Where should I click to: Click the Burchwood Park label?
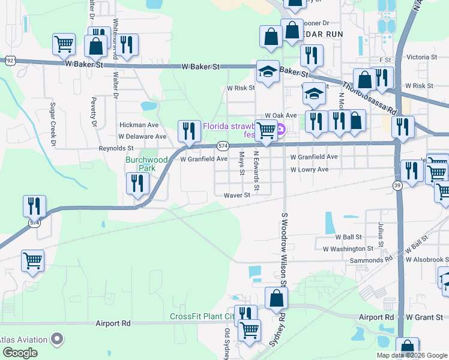point(140,164)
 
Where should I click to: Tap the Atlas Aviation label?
point(24,340)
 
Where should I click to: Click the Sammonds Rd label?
point(375,260)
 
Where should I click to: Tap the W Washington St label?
point(348,248)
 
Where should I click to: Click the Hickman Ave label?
point(139,125)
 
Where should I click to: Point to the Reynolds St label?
point(116,148)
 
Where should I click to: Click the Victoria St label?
point(421,57)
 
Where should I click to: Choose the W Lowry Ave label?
point(309,170)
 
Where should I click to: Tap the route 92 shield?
point(10,61)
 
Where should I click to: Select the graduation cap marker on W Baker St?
point(266,72)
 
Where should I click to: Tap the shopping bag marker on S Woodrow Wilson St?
point(276,299)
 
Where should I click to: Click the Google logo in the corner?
point(19,353)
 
